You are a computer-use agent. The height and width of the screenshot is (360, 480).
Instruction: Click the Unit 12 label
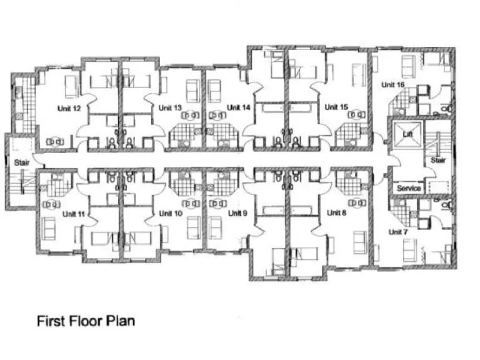(x=68, y=108)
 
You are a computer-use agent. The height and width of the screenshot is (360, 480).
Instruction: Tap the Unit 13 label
(x=170, y=108)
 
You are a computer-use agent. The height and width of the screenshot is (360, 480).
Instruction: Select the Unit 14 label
(x=238, y=107)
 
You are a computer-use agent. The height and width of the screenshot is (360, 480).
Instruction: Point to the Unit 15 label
(x=336, y=107)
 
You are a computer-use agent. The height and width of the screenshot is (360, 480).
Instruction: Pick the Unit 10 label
(x=170, y=214)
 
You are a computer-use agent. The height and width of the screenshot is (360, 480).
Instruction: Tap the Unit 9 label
(x=237, y=213)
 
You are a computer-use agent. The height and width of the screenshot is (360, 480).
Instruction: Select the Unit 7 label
(x=397, y=232)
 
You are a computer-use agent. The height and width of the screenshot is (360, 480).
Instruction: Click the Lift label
(x=408, y=134)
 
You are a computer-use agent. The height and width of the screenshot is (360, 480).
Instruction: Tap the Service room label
(x=409, y=188)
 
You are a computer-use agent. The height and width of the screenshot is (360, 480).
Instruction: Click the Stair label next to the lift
(x=437, y=161)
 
